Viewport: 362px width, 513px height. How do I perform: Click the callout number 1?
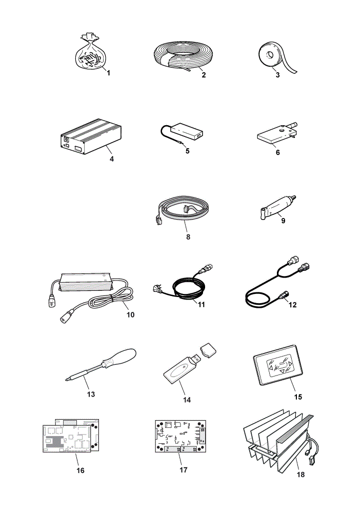click(x=109, y=73)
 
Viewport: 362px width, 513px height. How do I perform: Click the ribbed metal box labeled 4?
click(x=91, y=136)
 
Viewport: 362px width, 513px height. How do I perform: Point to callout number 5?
click(x=187, y=151)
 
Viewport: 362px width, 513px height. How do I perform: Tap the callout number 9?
click(x=283, y=221)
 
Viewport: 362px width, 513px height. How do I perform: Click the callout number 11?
click(x=202, y=305)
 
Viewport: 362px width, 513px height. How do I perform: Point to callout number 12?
click(x=292, y=305)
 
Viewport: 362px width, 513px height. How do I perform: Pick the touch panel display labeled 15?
click(x=278, y=364)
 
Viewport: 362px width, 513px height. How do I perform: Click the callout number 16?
click(x=81, y=470)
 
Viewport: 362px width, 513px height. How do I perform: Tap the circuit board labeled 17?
click(x=180, y=436)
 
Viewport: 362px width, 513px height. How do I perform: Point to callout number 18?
click(x=300, y=475)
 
